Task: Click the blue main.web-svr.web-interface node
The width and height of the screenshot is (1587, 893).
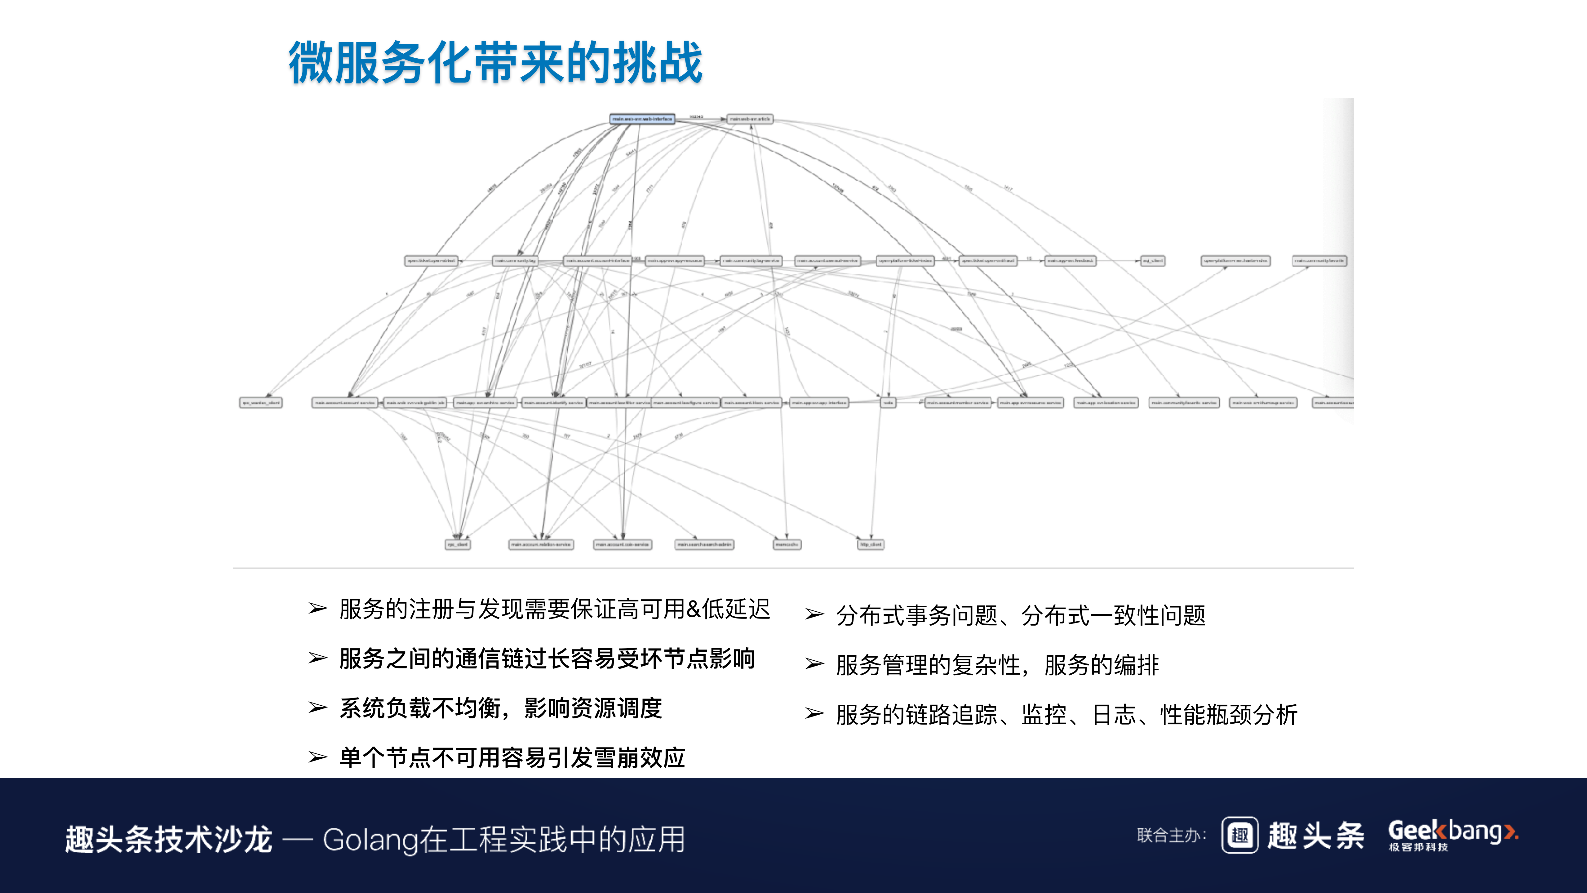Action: tap(642, 119)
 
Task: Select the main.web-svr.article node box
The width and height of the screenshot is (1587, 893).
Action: tap(749, 119)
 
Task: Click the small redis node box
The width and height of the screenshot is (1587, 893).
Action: tap(888, 402)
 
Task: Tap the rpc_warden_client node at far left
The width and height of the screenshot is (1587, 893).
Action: tap(261, 402)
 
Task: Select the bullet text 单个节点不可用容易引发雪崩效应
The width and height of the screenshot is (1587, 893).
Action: tap(512, 757)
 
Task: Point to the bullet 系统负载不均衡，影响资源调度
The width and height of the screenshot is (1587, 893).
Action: tap(500, 708)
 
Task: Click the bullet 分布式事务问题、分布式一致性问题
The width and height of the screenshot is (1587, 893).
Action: tap(1020, 615)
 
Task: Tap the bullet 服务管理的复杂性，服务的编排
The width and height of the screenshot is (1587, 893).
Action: tap(997, 665)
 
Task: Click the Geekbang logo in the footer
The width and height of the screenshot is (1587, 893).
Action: tap(1452, 835)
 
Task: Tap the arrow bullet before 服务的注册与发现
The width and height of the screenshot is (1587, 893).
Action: tap(317, 609)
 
